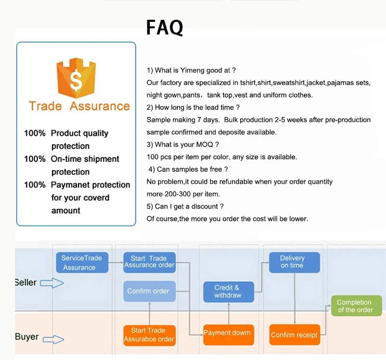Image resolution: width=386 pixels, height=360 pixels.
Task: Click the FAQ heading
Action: [165, 28]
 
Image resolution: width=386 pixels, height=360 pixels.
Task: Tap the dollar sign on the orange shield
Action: [76, 80]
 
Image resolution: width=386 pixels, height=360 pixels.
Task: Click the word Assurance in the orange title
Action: [100, 106]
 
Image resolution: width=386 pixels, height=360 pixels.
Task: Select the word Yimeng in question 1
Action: [192, 70]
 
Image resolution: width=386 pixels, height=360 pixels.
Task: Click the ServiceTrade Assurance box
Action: [82, 263]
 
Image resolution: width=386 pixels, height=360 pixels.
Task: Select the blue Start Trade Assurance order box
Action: [149, 263]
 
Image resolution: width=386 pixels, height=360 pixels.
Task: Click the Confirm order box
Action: [149, 291]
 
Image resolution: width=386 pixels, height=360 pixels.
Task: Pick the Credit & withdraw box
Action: [228, 292]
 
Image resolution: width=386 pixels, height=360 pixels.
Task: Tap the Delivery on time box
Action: [294, 263]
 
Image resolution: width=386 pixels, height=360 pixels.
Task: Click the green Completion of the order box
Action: [356, 306]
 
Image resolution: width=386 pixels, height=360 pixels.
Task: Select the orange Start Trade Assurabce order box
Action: [149, 336]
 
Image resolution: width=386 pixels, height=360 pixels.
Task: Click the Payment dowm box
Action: [228, 335]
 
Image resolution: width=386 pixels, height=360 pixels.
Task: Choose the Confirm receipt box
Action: [294, 335]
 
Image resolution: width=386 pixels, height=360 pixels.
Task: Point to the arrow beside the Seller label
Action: [52, 283]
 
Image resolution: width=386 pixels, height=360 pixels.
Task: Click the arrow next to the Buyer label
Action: [54, 340]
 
